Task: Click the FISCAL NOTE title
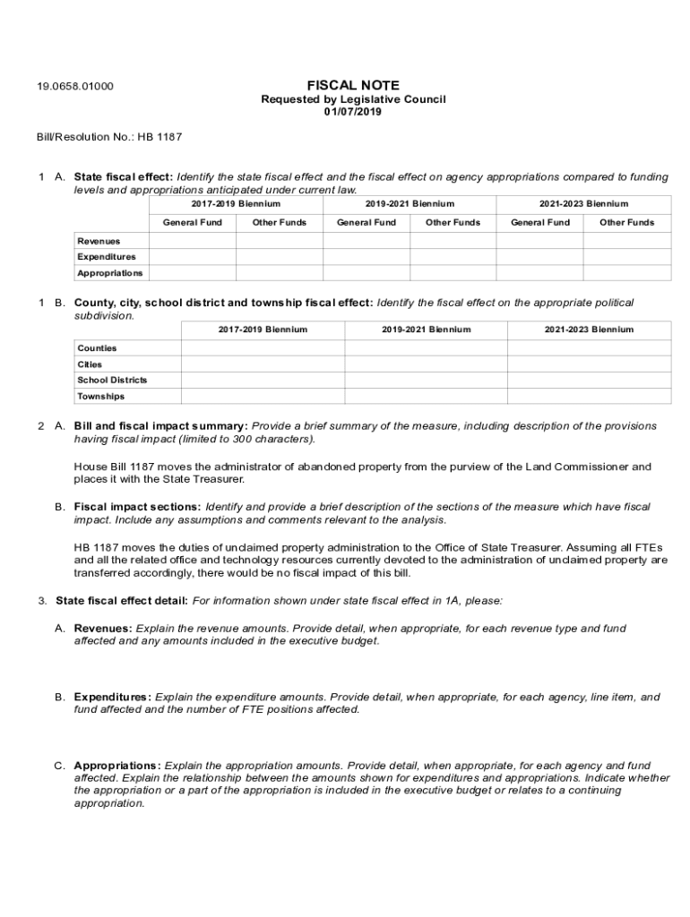tap(352, 85)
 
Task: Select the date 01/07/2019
tap(352, 112)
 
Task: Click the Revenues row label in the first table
tap(99, 241)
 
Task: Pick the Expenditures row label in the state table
tap(107, 257)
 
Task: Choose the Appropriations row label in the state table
tap(109, 273)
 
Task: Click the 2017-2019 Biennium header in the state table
tap(236, 204)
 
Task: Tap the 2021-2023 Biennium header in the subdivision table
tap(589, 330)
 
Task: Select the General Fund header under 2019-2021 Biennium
tap(367, 222)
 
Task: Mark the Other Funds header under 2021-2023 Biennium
tap(626, 222)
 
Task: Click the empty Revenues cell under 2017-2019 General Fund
tap(193, 241)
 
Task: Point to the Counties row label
tap(97, 347)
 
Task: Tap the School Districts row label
tap(112, 380)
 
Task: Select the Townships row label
tap(100, 396)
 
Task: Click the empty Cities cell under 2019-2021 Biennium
tap(426, 364)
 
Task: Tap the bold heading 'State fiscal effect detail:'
tap(122, 600)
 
